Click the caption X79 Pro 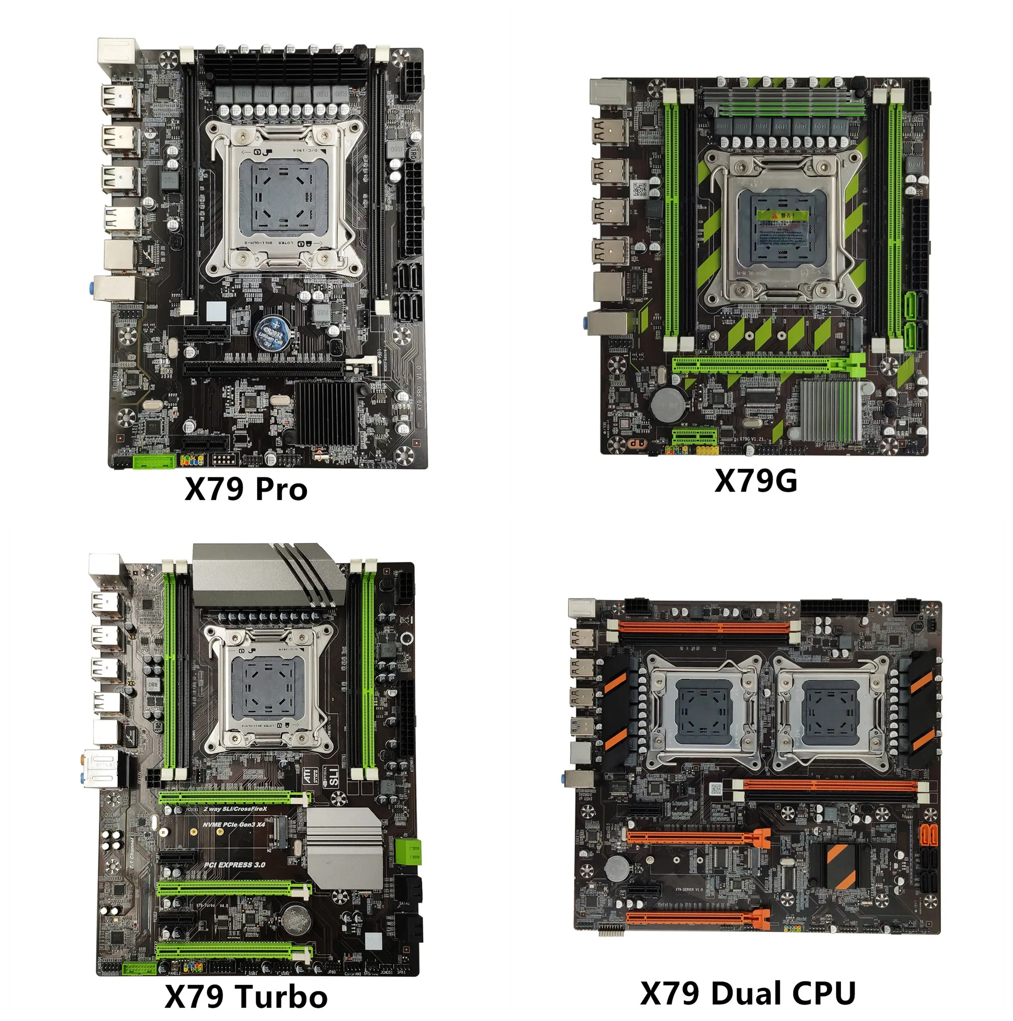[246, 489]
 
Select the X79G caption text [755, 481]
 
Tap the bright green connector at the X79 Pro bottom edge [154, 461]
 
